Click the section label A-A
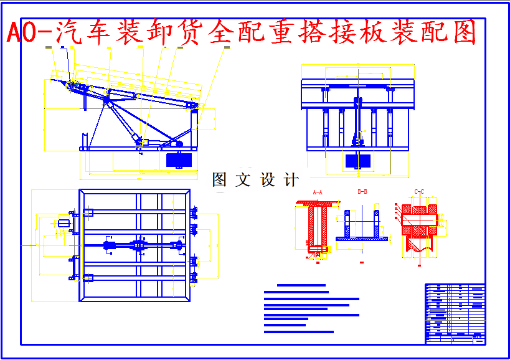318,192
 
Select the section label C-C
419,192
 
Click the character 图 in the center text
219,181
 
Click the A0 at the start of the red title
22,32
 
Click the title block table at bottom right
455,313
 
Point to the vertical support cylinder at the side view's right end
195,128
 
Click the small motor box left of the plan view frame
64,223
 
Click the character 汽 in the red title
69,32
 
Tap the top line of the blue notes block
301,285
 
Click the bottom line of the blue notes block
299,331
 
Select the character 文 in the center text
242,181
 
